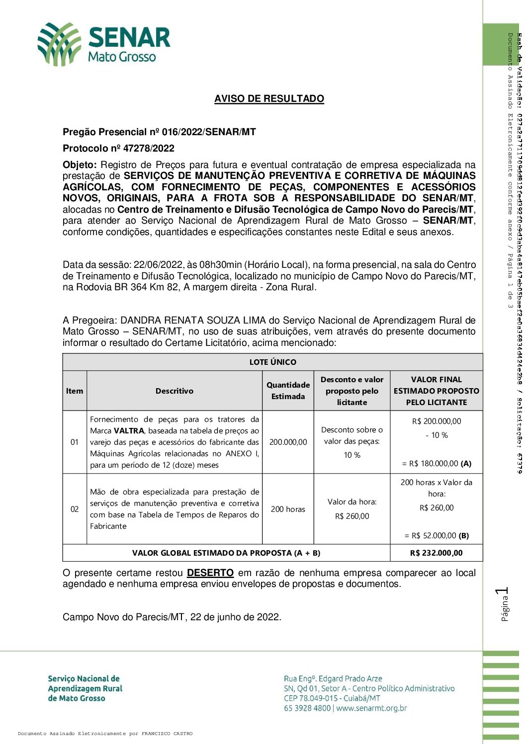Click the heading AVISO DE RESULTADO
(269, 98)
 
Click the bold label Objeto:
(80, 165)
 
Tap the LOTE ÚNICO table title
(272, 362)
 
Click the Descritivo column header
(175, 391)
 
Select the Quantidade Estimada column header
(288, 391)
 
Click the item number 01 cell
(75, 442)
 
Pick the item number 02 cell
(75, 509)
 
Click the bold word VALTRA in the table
(129, 431)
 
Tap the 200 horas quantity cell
(288, 509)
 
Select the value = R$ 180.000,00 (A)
(437, 463)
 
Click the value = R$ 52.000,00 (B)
(437, 535)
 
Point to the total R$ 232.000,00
(437, 553)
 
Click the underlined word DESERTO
(210, 573)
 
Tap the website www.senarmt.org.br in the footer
(371, 708)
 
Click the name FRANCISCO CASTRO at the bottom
(167, 734)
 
